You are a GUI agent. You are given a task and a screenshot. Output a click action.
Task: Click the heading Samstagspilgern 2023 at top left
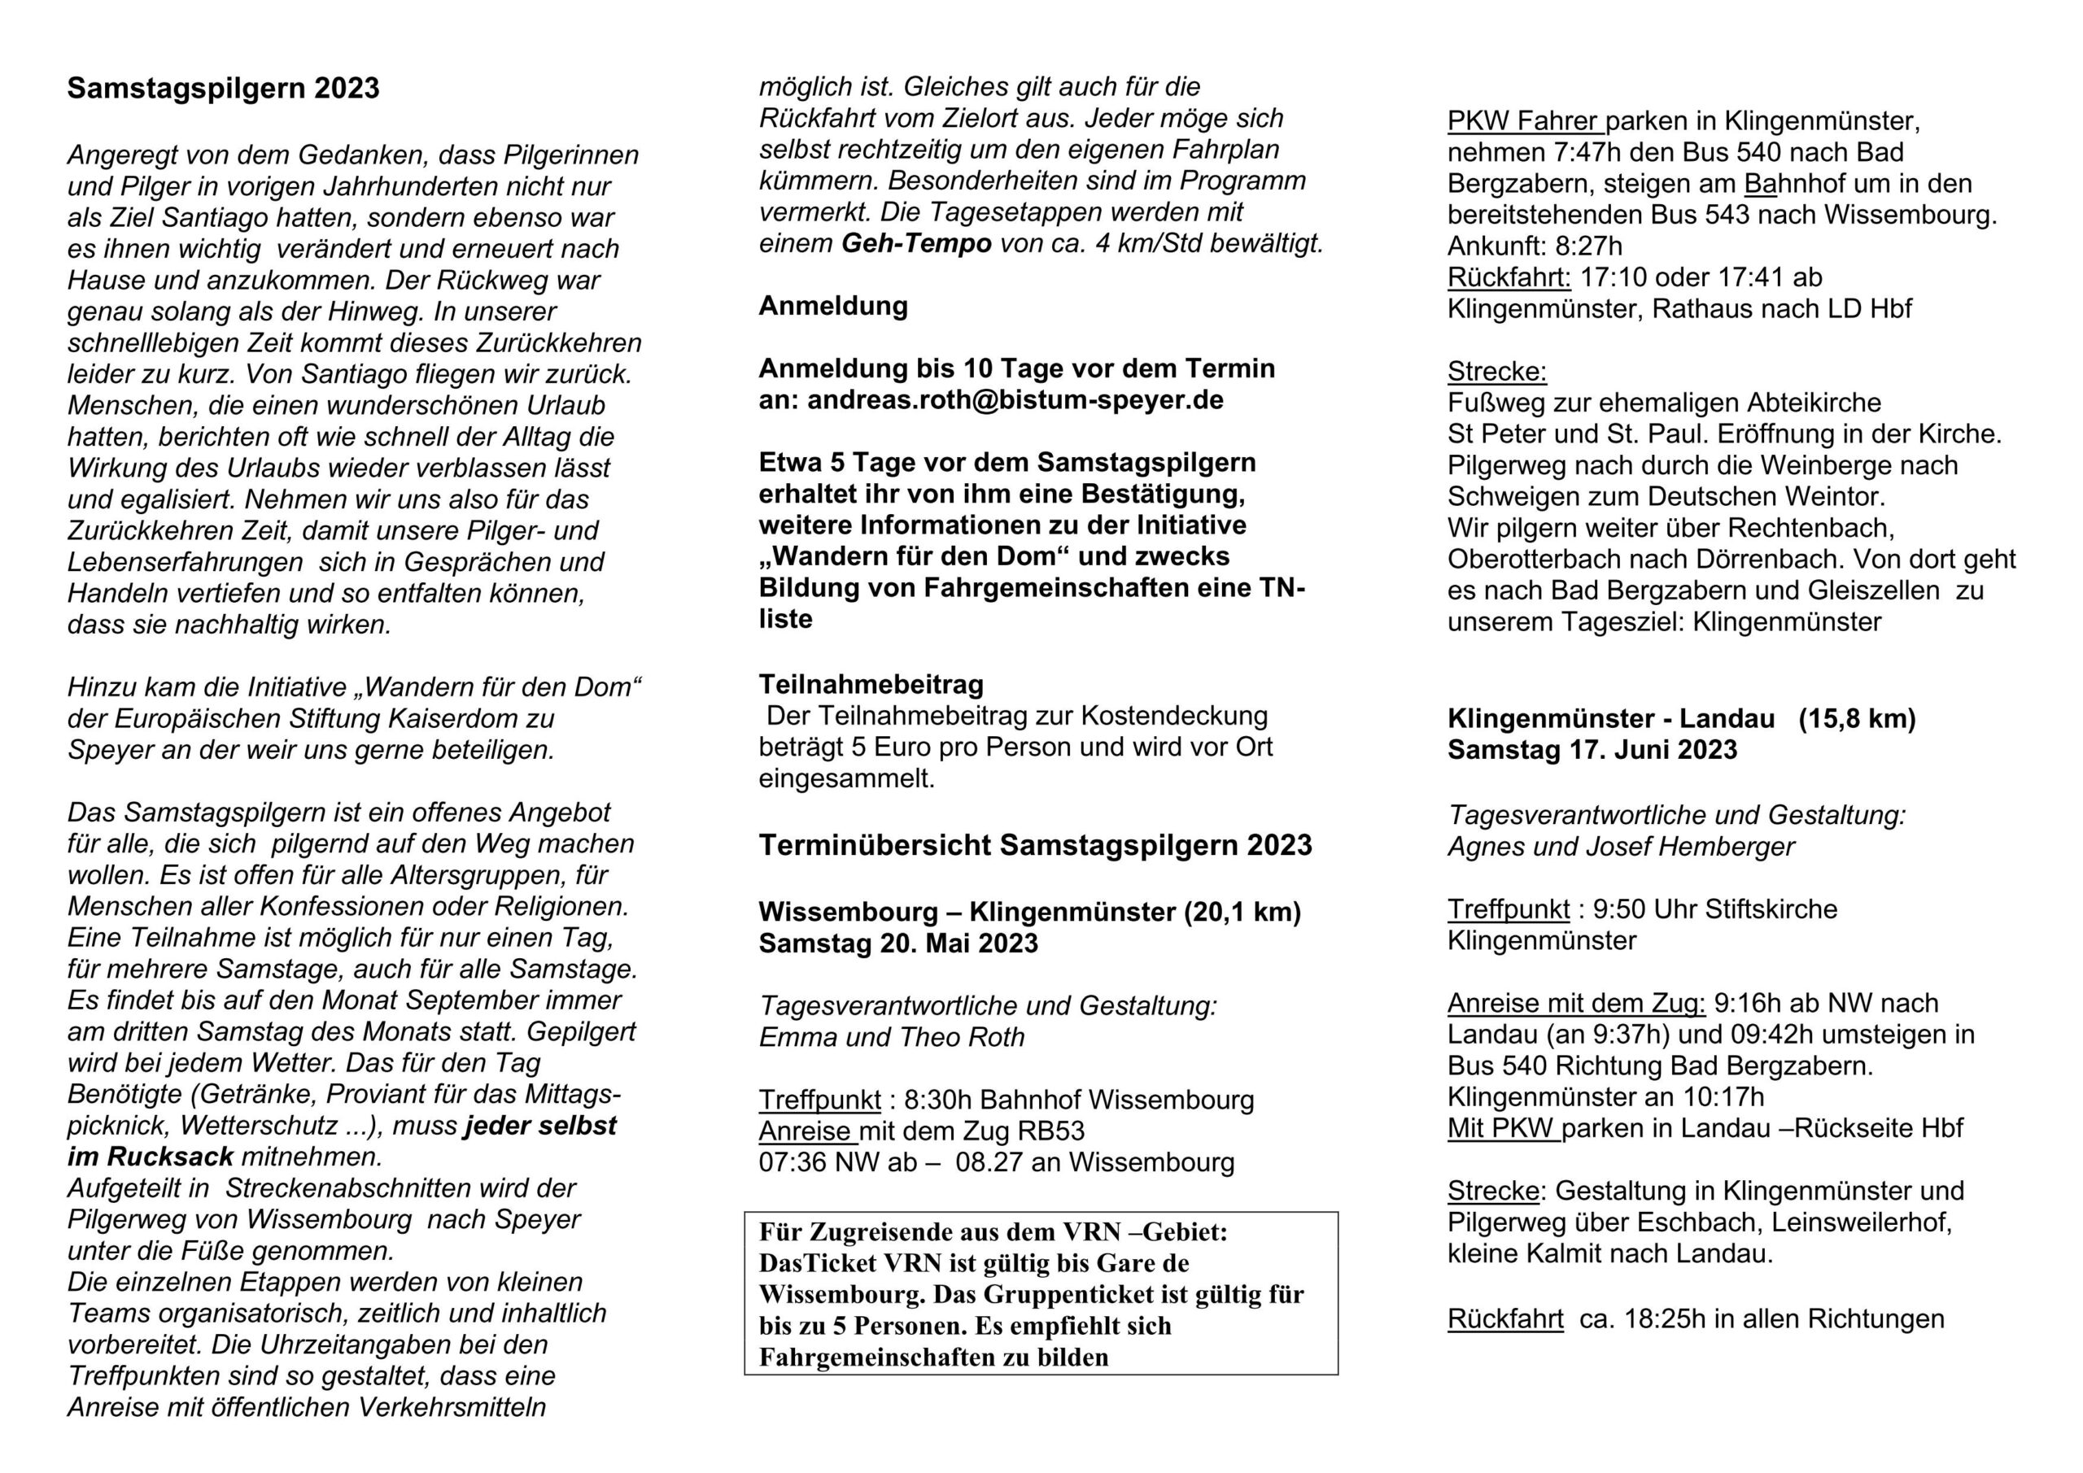[223, 89]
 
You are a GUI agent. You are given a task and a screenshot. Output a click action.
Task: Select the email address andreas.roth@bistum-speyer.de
[1015, 400]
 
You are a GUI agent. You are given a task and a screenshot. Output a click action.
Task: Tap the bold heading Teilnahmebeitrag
[871, 684]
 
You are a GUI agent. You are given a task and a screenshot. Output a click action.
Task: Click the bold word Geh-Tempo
[916, 244]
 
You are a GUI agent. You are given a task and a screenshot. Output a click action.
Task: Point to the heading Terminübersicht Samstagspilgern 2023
[1035, 845]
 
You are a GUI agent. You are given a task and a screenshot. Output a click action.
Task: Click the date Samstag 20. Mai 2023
[898, 944]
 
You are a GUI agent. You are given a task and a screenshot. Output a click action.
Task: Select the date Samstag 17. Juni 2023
[1592, 750]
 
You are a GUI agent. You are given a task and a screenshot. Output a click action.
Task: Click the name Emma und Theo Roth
[892, 1037]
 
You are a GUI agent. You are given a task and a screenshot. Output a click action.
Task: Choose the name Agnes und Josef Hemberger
[1620, 846]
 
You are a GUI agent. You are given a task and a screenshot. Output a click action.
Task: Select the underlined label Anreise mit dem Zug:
[1576, 1003]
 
